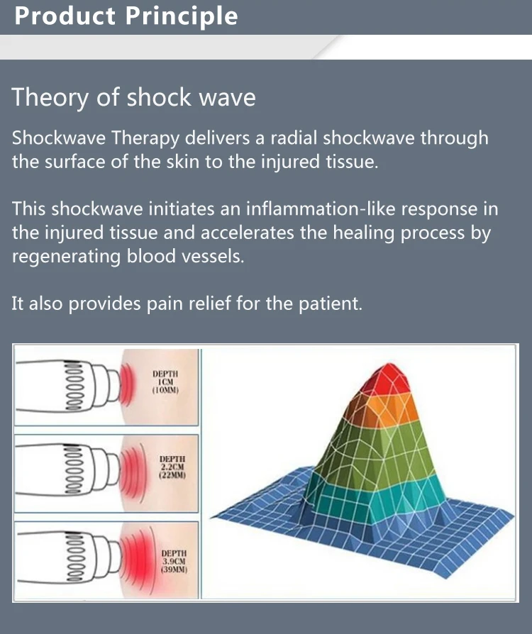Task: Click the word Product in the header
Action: [x=65, y=16]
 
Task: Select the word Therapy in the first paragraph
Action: [x=145, y=139]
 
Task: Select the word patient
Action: [x=331, y=304]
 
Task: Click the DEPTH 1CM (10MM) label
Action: [x=165, y=382]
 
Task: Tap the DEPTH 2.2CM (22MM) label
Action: [x=172, y=467]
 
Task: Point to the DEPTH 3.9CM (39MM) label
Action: [x=174, y=561]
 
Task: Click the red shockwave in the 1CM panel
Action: [x=126, y=385]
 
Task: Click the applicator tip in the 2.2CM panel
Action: [x=114, y=473]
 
